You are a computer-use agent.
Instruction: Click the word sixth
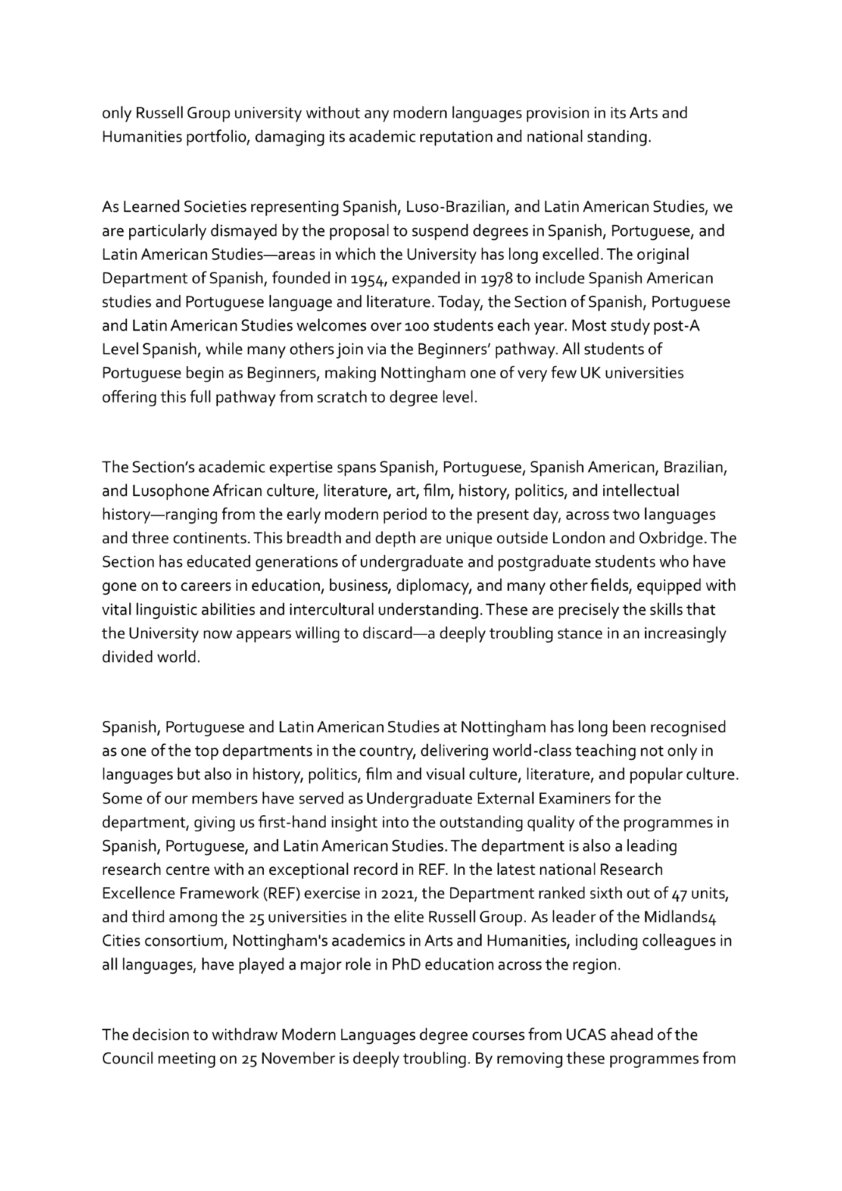click(574, 894)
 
